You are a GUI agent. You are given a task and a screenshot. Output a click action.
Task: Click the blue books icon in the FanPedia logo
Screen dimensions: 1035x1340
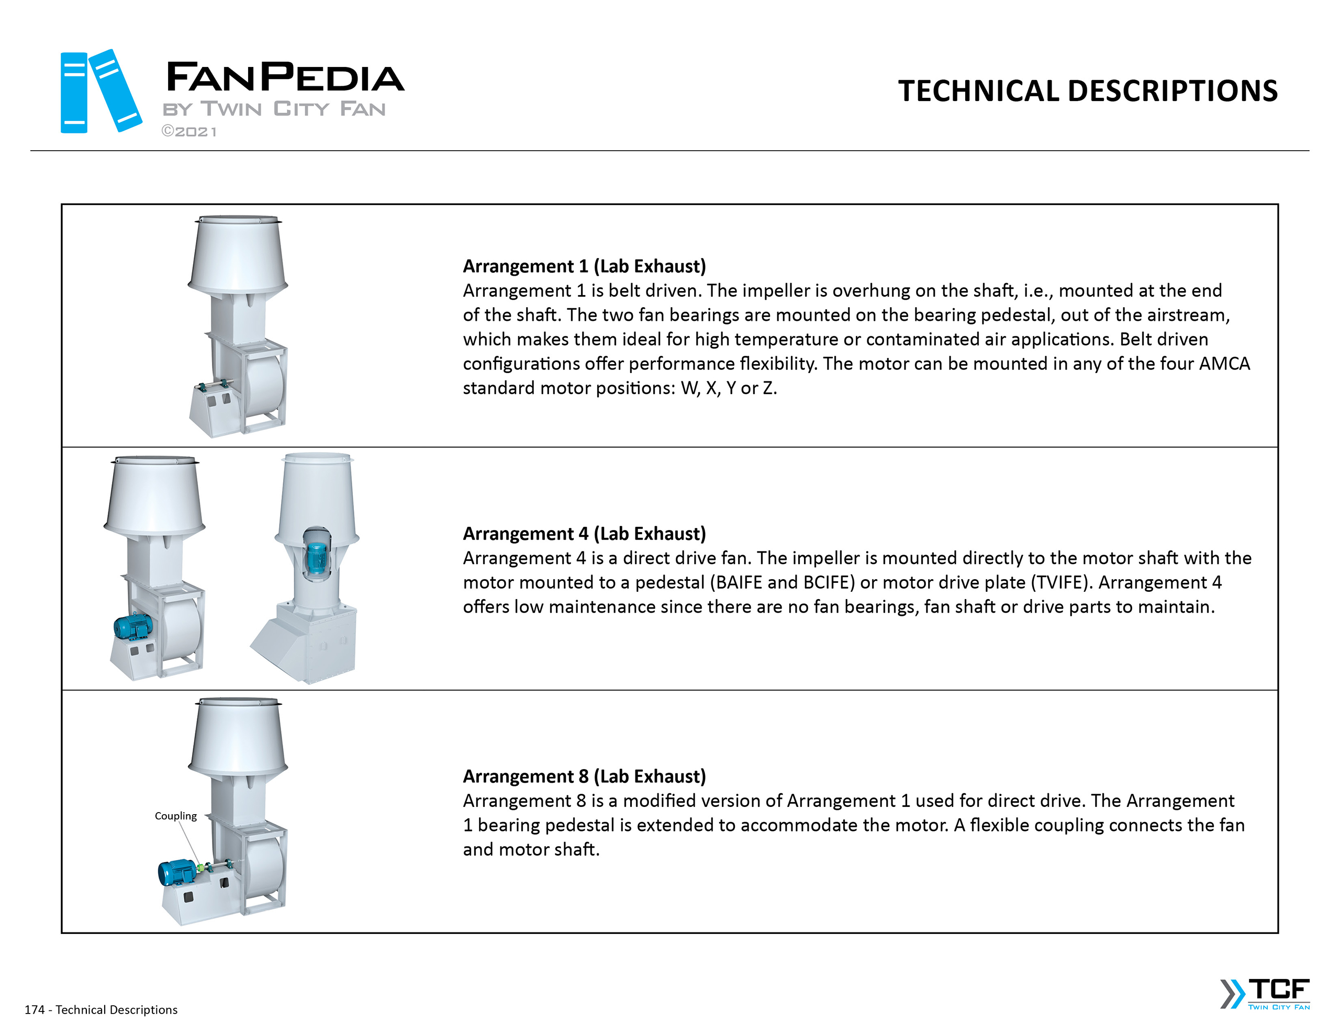point(100,92)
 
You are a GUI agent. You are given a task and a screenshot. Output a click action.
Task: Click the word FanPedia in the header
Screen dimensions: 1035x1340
point(285,78)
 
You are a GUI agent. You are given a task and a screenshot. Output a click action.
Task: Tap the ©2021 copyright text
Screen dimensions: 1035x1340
point(189,132)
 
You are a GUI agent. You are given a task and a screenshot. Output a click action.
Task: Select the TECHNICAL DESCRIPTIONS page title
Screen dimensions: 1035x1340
point(1087,92)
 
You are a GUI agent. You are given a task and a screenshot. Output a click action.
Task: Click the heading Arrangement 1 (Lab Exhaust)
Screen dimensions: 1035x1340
point(584,266)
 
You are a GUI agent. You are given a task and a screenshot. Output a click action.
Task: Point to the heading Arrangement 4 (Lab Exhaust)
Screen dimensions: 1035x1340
point(584,534)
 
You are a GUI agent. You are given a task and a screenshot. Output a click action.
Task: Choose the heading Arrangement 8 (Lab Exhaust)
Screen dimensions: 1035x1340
point(584,777)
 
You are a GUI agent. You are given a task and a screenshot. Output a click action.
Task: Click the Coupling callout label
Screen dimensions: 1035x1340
point(175,816)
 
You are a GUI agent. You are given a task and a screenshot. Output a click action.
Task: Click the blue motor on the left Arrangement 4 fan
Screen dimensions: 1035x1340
point(132,627)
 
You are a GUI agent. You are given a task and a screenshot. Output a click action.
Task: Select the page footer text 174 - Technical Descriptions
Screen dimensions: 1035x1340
point(101,1010)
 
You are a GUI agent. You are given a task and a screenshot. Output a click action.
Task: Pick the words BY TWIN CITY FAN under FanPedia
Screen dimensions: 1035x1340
point(274,109)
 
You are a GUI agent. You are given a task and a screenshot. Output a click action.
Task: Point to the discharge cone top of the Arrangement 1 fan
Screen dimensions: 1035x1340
point(238,252)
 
